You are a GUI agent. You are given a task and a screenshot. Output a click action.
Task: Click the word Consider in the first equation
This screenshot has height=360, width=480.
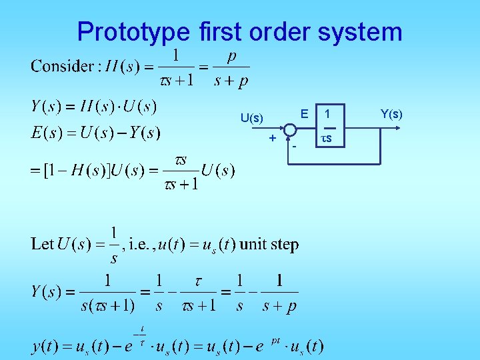[x=62, y=67]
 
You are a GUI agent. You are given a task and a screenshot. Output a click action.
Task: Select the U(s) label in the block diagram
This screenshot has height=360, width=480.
[x=252, y=119]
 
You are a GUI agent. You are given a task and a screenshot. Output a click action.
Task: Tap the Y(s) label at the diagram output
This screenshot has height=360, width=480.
[x=391, y=114]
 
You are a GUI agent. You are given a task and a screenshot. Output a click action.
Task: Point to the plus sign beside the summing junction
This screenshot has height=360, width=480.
[x=272, y=138]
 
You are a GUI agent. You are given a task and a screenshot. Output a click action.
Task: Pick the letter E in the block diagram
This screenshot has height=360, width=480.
[x=304, y=114]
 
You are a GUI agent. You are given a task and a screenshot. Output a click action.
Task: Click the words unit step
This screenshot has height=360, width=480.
[x=269, y=244]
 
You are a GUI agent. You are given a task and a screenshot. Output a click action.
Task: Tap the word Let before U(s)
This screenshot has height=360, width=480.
[x=41, y=244]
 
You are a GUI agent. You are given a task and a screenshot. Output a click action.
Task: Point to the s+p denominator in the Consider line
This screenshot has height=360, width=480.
[x=231, y=81]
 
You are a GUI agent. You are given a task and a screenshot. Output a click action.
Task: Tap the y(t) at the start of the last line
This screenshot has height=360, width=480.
[x=45, y=347]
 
